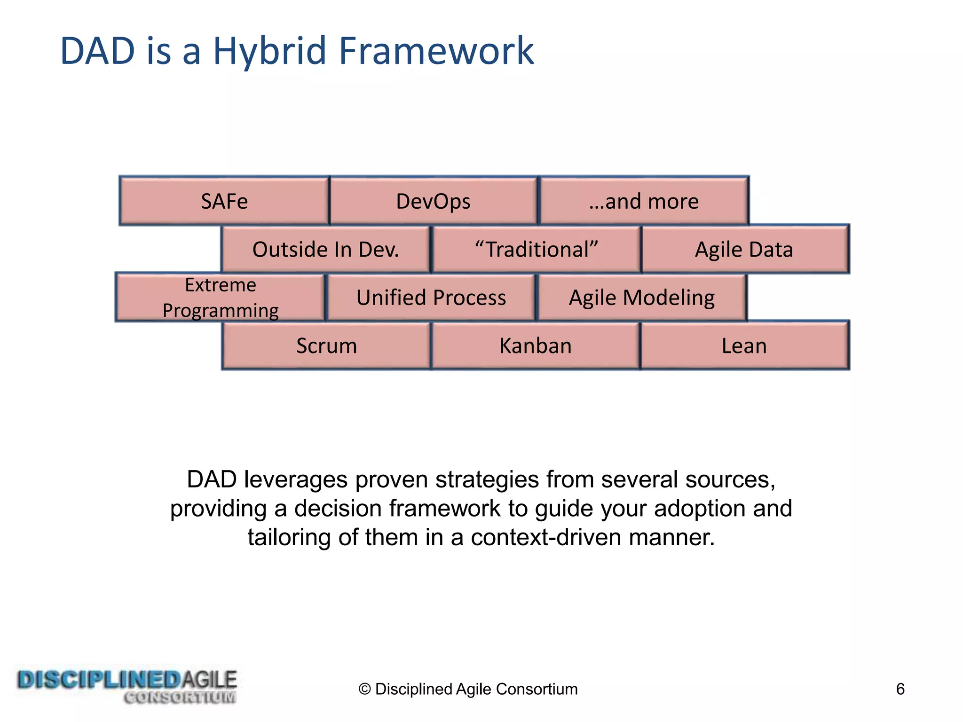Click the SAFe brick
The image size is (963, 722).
pyautogui.click(x=224, y=201)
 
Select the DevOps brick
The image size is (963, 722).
pyautogui.click(x=433, y=201)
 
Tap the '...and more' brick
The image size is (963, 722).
pyautogui.click(x=643, y=201)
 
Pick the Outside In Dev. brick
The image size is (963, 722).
pyautogui.click(x=325, y=250)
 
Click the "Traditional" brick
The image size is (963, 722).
pyautogui.click(x=536, y=250)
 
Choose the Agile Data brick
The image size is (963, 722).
pyautogui.click(x=744, y=250)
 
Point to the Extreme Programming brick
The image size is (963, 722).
pyautogui.click(x=220, y=298)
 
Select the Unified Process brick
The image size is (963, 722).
pyautogui.click(x=431, y=298)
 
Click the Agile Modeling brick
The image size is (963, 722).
pyautogui.click(x=641, y=298)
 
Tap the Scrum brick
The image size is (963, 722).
pyautogui.click(x=326, y=346)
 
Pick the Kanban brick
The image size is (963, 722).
pyautogui.click(x=535, y=346)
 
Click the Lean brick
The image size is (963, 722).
pyautogui.click(x=744, y=346)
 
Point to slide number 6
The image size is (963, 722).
pyautogui.click(x=900, y=689)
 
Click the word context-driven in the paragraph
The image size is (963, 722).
pyautogui.click(x=546, y=537)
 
